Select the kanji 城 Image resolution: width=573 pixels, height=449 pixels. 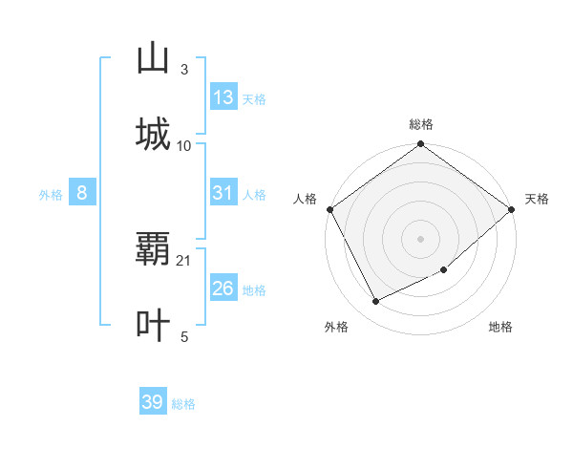click(153, 134)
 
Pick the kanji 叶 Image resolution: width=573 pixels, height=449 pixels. click(153, 325)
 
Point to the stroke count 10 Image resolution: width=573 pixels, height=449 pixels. click(184, 145)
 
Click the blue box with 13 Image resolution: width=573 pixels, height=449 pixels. click(223, 97)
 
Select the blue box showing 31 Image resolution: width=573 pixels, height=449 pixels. click(223, 193)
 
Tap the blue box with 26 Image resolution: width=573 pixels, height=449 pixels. click(223, 289)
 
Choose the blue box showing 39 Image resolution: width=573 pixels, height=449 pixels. click(153, 402)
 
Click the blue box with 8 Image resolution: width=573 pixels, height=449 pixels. click(82, 193)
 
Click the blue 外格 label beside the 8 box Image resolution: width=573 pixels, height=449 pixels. click(51, 195)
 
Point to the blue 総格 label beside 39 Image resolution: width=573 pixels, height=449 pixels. click(183, 404)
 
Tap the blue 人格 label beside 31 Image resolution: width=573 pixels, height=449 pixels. click(254, 195)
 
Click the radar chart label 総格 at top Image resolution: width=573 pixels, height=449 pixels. click(421, 124)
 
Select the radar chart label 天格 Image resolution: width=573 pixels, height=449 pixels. click(537, 199)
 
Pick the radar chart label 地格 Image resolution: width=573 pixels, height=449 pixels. click(500, 328)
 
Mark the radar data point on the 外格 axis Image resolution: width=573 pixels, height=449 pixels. click(376, 302)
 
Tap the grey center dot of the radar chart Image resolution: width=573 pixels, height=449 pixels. click(421, 239)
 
